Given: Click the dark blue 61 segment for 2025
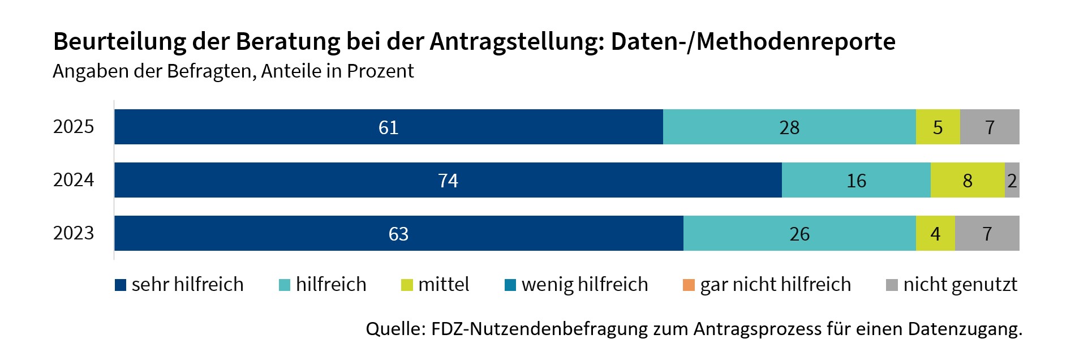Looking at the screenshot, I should (388, 127).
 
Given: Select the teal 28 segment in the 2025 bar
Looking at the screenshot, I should (789, 127).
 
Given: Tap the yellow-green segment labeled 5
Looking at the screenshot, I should (938, 127).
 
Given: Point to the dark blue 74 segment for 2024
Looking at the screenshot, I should (448, 180).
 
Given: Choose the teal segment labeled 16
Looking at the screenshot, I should (855, 180).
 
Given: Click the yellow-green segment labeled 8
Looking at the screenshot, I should (967, 180).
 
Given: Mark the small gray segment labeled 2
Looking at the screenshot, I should (1012, 180).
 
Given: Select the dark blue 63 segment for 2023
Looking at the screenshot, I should (398, 233).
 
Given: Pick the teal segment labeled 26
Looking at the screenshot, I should (799, 233).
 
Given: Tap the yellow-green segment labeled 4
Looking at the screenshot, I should (935, 233).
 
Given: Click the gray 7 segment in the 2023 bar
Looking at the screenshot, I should (987, 233).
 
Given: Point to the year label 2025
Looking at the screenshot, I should (74, 126).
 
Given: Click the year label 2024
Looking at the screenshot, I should (74, 179).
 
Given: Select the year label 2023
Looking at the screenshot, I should (74, 233).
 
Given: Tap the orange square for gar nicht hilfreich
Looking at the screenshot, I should (689, 285).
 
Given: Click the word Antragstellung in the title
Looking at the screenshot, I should (517, 42).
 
